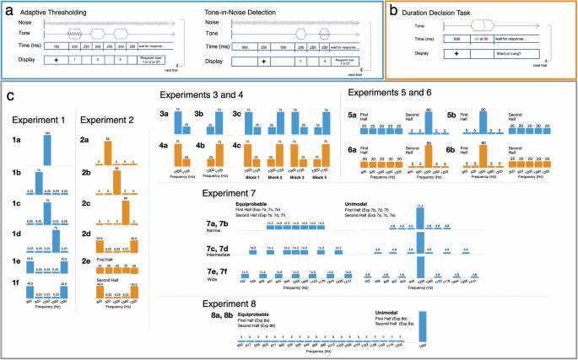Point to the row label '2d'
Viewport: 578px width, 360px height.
(85, 247)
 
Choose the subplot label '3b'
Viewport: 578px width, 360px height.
(198, 113)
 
